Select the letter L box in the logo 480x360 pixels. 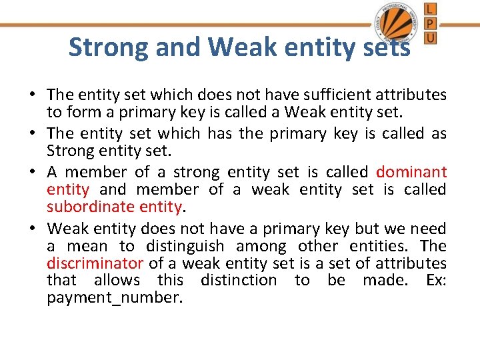(431, 9)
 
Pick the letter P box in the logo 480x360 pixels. (431, 23)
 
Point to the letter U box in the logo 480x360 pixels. (431, 37)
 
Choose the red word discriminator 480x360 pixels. (95, 263)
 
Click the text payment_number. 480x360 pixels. (114, 297)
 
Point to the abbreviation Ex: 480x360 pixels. (435, 280)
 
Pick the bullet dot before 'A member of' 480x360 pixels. (33, 171)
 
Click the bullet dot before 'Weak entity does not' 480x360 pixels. (33, 229)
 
